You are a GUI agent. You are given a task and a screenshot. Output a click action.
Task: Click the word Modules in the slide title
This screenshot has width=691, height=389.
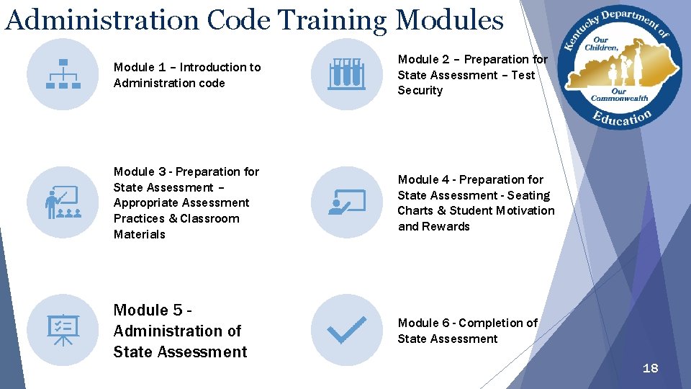pos(450,19)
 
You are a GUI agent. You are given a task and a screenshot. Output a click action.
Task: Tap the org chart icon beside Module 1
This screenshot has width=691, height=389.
pos(63,74)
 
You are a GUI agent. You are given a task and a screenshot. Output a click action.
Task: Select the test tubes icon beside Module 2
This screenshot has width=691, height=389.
pos(346,74)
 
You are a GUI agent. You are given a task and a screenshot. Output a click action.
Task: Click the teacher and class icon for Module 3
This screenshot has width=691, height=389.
pos(63,202)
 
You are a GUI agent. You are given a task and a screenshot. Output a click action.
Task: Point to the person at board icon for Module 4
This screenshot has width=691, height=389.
pos(346,202)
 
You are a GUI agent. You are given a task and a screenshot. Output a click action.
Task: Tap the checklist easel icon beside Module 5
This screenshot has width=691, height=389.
pos(63,330)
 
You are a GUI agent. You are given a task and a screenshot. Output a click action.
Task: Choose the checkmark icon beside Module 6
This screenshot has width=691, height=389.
pos(346,330)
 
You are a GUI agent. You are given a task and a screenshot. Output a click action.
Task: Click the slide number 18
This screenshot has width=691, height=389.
pos(650,368)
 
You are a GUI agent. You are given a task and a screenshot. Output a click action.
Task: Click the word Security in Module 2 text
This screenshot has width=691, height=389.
pos(420,91)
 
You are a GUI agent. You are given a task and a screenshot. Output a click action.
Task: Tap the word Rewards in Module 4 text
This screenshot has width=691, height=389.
pos(446,226)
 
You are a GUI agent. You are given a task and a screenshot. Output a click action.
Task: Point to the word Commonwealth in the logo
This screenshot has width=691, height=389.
pos(619,99)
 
